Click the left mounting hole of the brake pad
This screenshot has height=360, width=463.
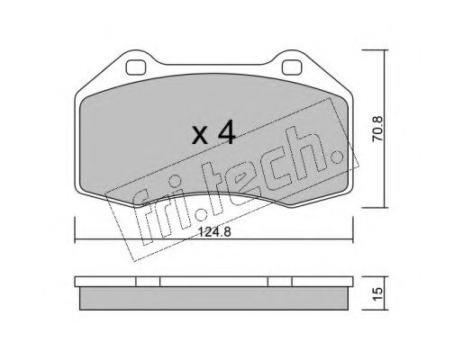(136, 67)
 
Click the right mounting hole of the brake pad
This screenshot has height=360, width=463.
(292, 67)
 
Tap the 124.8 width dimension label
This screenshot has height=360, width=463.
(215, 232)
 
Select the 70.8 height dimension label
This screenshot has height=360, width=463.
(377, 129)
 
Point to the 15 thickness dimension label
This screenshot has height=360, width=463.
(378, 293)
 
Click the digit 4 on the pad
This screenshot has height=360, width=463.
(226, 132)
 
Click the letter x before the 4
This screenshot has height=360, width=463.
(200, 135)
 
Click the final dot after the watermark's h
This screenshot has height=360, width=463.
(337, 156)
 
